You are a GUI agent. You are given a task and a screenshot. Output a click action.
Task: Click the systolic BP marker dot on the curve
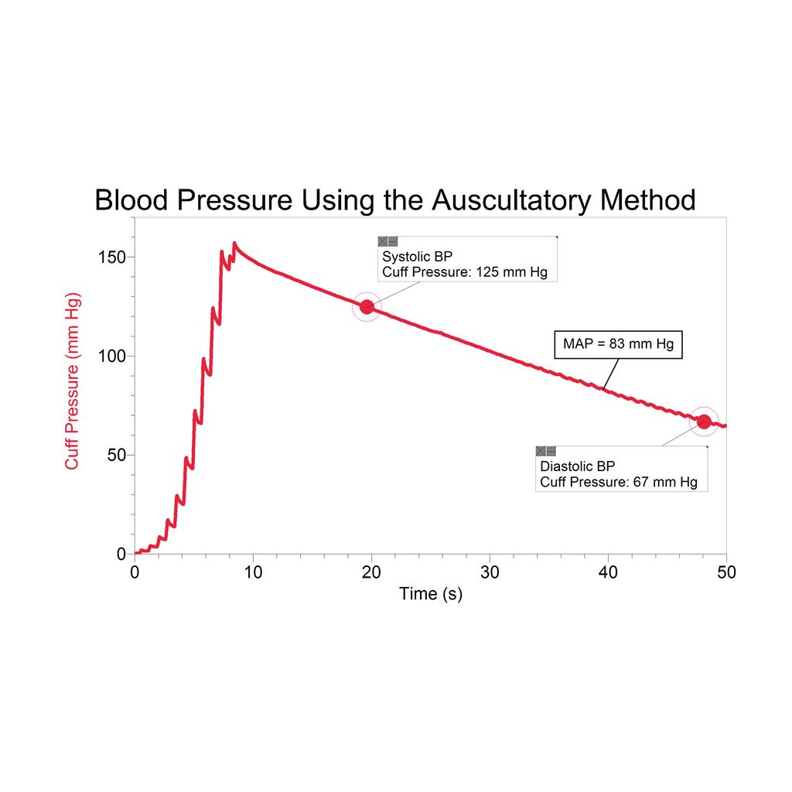(367, 307)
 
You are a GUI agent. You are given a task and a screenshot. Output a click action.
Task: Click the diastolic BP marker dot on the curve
(704, 422)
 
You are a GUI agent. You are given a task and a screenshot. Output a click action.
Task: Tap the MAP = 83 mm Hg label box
(619, 344)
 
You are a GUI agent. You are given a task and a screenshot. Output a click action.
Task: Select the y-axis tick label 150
(112, 257)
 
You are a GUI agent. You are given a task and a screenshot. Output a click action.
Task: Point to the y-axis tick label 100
(112, 356)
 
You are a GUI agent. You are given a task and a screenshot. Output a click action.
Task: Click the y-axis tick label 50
(116, 455)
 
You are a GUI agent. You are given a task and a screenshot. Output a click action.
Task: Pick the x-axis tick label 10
(253, 572)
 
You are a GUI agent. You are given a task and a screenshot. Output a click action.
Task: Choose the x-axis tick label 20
(371, 572)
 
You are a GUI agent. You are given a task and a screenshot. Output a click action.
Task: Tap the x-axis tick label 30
(490, 572)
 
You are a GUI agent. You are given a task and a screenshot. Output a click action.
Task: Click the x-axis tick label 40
(608, 572)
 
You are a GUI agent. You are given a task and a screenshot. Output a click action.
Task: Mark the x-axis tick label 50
(725, 572)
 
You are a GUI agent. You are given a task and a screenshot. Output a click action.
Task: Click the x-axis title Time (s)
(430, 594)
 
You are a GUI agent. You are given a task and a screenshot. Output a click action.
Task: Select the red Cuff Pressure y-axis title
(73, 381)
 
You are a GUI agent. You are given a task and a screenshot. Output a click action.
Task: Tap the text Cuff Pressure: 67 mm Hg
(618, 483)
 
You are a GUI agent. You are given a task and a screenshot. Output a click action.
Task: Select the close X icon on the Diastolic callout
(541, 451)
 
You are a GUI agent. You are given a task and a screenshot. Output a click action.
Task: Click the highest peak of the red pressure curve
(234, 244)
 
